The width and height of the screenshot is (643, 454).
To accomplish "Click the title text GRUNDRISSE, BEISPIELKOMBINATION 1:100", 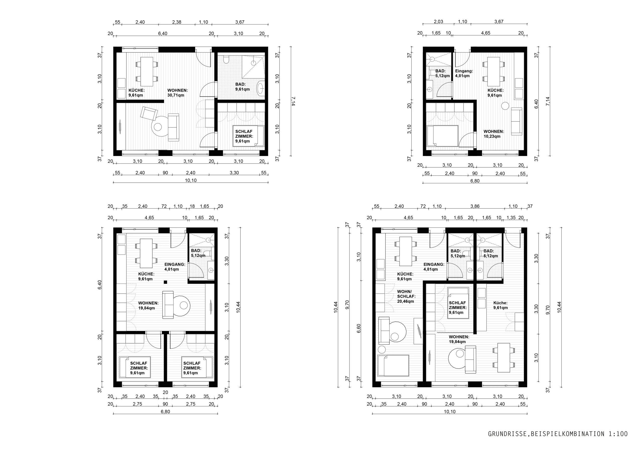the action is [558, 434].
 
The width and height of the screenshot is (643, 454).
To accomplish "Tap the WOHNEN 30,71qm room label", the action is [178, 93].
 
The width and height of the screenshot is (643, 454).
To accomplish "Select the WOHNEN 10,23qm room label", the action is [494, 134].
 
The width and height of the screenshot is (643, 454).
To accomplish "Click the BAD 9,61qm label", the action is [242, 87].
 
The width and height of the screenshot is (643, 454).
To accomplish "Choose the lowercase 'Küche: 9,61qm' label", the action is [500, 305].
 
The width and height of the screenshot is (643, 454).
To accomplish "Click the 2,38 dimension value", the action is [177, 22].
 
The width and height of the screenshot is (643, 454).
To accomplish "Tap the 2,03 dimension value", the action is [439, 22].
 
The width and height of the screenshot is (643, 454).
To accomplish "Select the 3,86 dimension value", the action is [475, 206].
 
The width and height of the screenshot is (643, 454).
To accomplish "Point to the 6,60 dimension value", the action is [359, 328].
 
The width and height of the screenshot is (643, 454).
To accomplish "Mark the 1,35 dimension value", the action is [511, 217].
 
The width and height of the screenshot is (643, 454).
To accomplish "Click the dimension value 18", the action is [192, 206].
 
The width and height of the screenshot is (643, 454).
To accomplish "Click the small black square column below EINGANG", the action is [166, 282].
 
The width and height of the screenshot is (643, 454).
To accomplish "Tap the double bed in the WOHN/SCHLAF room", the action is [393, 365].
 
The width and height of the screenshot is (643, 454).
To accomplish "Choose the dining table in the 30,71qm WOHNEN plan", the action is [146, 71].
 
